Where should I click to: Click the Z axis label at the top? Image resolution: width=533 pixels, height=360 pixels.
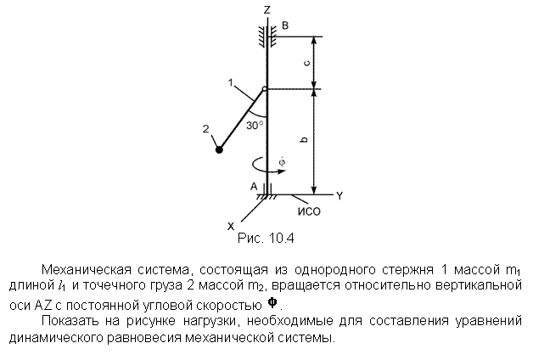pos(266,10)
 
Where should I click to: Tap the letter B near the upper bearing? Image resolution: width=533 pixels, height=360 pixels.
pos(285,25)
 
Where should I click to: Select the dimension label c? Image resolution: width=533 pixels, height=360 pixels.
pos(306,63)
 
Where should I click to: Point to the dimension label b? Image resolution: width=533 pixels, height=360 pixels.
pos(305,139)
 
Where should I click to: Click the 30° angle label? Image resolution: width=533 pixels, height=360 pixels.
pos(255,126)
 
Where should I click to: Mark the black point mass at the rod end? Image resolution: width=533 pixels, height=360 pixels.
pos(219,149)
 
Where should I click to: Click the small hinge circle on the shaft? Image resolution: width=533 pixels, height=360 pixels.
pos(264,89)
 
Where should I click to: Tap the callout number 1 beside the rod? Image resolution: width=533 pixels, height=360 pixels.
pos(231,82)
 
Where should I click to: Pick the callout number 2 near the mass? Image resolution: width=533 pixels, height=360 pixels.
pos(206,129)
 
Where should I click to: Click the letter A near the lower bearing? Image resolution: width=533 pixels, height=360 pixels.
pos(254,186)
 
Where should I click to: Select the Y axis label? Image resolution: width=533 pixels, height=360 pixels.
pos(339,196)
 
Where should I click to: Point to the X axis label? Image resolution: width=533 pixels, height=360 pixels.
pos(231,226)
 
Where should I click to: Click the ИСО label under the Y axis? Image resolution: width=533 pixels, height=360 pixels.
pos(309,211)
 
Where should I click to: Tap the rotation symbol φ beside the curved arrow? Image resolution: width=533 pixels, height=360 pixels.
pos(282,162)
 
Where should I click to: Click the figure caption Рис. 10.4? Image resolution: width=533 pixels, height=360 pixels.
pos(266,238)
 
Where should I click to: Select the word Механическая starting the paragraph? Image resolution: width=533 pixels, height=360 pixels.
pos(87,269)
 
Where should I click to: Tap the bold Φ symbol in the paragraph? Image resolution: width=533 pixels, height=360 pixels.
pos(272,302)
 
